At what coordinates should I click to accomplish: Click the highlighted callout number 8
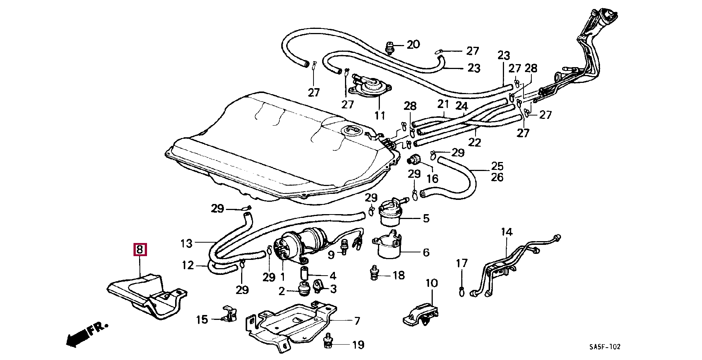click(x=140, y=250)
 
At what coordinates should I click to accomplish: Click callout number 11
click(x=380, y=115)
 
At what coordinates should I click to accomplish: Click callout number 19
click(x=358, y=345)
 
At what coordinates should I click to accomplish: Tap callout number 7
click(x=357, y=321)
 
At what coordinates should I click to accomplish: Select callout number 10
click(x=432, y=283)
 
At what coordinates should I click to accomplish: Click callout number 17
click(x=462, y=263)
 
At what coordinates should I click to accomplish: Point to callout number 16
click(x=432, y=178)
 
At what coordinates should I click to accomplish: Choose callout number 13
click(x=186, y=244)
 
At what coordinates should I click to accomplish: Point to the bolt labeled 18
click(x=373, y=273)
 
